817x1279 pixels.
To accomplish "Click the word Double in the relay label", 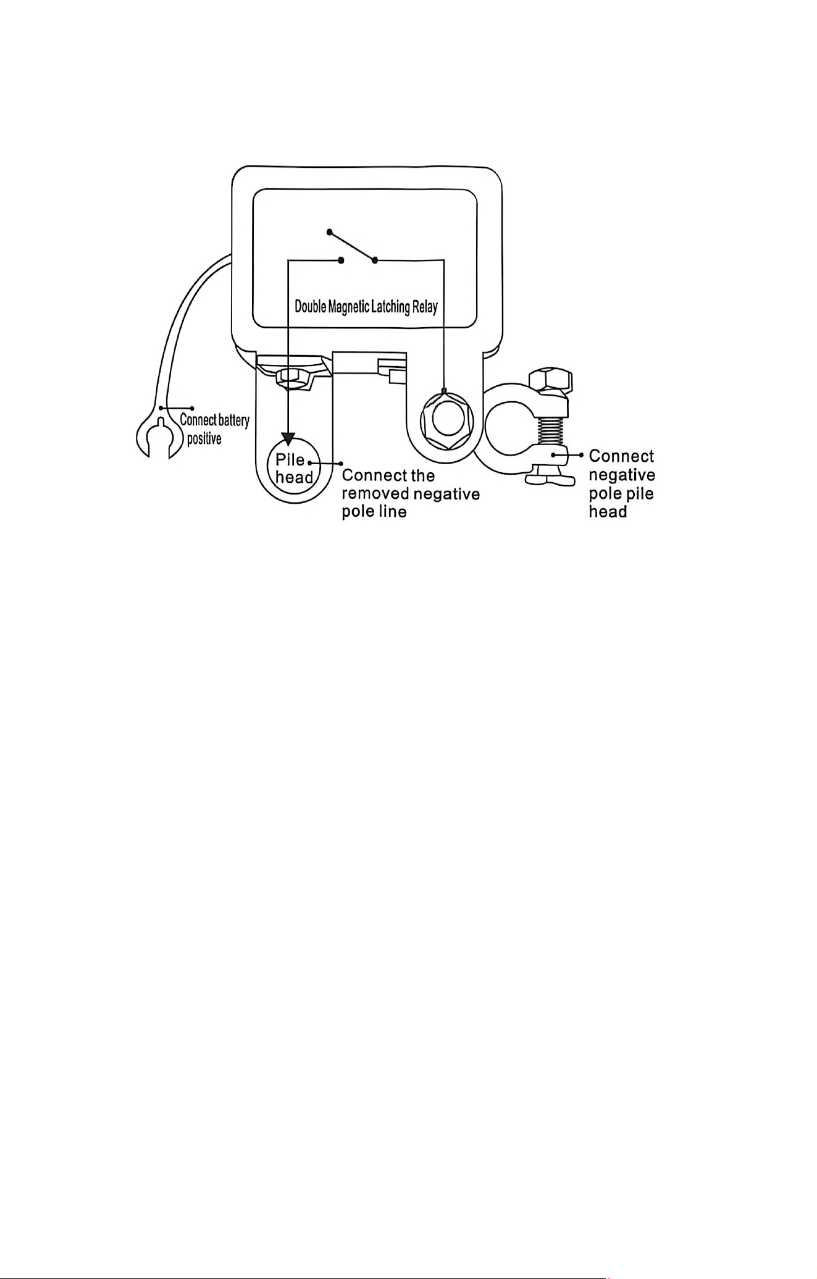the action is point(311,306).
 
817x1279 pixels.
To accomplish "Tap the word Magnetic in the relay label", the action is point(348,307).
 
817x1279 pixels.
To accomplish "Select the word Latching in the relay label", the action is point(390,307).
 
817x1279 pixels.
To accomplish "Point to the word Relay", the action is point(425,307).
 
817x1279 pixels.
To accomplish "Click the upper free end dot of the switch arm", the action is point(330,233).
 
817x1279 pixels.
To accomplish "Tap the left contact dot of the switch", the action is point(341,260).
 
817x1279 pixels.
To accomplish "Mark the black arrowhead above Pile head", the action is point(288,439).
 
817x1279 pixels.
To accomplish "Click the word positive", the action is point(204,439).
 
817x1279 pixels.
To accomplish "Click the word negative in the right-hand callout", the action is point(622,475).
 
